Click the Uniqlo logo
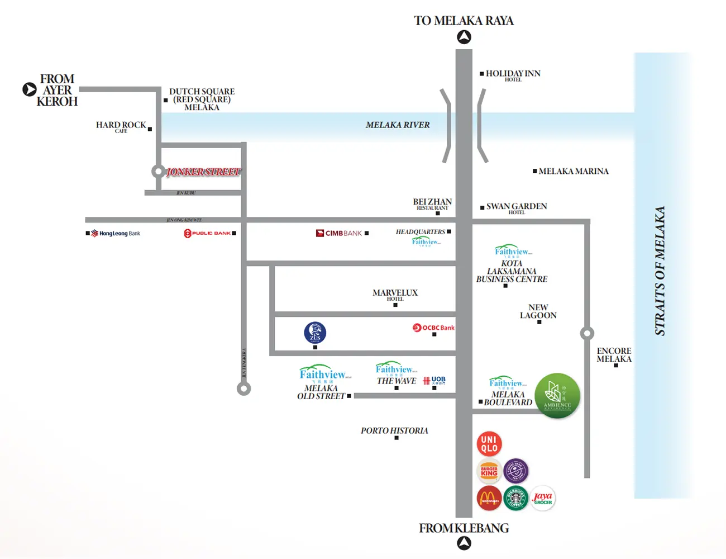[x=489, y=444]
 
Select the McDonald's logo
[x=489, y=498]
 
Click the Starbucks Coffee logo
[x=515, y=498]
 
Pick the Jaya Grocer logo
[x=542, y=498]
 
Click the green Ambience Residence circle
[x=557, y=396]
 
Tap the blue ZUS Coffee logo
[x=315, y=333]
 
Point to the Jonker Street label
[x=203, y=172]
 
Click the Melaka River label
[x=398, y=125]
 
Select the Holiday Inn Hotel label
[x=513, y=74]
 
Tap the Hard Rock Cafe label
[x=121, y=126]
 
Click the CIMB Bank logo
[x=339, y=233]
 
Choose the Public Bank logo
[x=207, y=233]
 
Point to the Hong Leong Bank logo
[x=116, y=233]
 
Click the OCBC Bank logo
[x=433, y=328]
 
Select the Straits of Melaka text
[x=660, y=271]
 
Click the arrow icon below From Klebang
[x=464, y=543]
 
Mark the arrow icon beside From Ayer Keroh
[x=30, y=89]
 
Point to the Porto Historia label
[x=394, y=431]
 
